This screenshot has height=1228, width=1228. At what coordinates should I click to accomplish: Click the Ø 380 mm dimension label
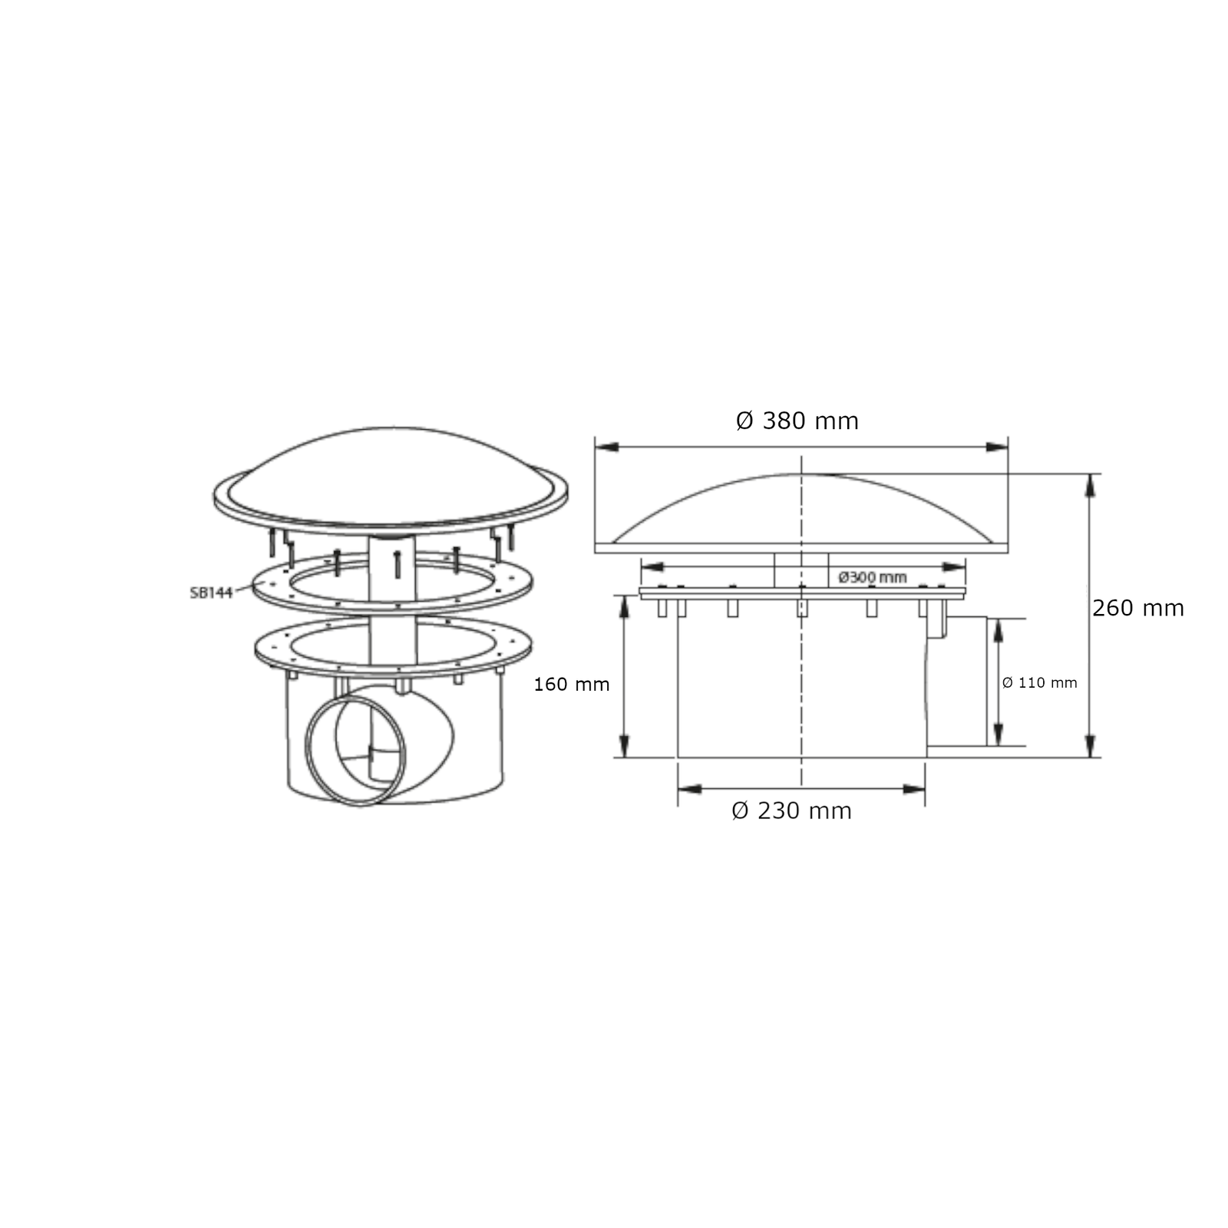[x=797, y=421]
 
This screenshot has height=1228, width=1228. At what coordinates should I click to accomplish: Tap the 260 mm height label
[x=1138, y=608]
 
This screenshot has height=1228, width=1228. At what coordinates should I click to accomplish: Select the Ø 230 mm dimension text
[x=791, y=810]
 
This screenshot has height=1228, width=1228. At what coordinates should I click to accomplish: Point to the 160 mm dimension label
[x=572, y=684]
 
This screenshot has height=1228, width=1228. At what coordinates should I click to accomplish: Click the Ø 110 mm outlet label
[x=1040, y=682]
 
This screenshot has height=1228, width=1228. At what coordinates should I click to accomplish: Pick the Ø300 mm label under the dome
[x=873, y=577]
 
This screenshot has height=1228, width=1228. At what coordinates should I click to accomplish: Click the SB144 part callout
[x=211, y=593]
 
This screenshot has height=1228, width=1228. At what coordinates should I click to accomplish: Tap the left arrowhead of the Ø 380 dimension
[x=607, y=446]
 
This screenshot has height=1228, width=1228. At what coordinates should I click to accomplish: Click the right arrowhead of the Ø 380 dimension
[x=996, y=446]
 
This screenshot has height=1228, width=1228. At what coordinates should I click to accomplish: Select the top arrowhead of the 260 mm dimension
[x=1090, y=485]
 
